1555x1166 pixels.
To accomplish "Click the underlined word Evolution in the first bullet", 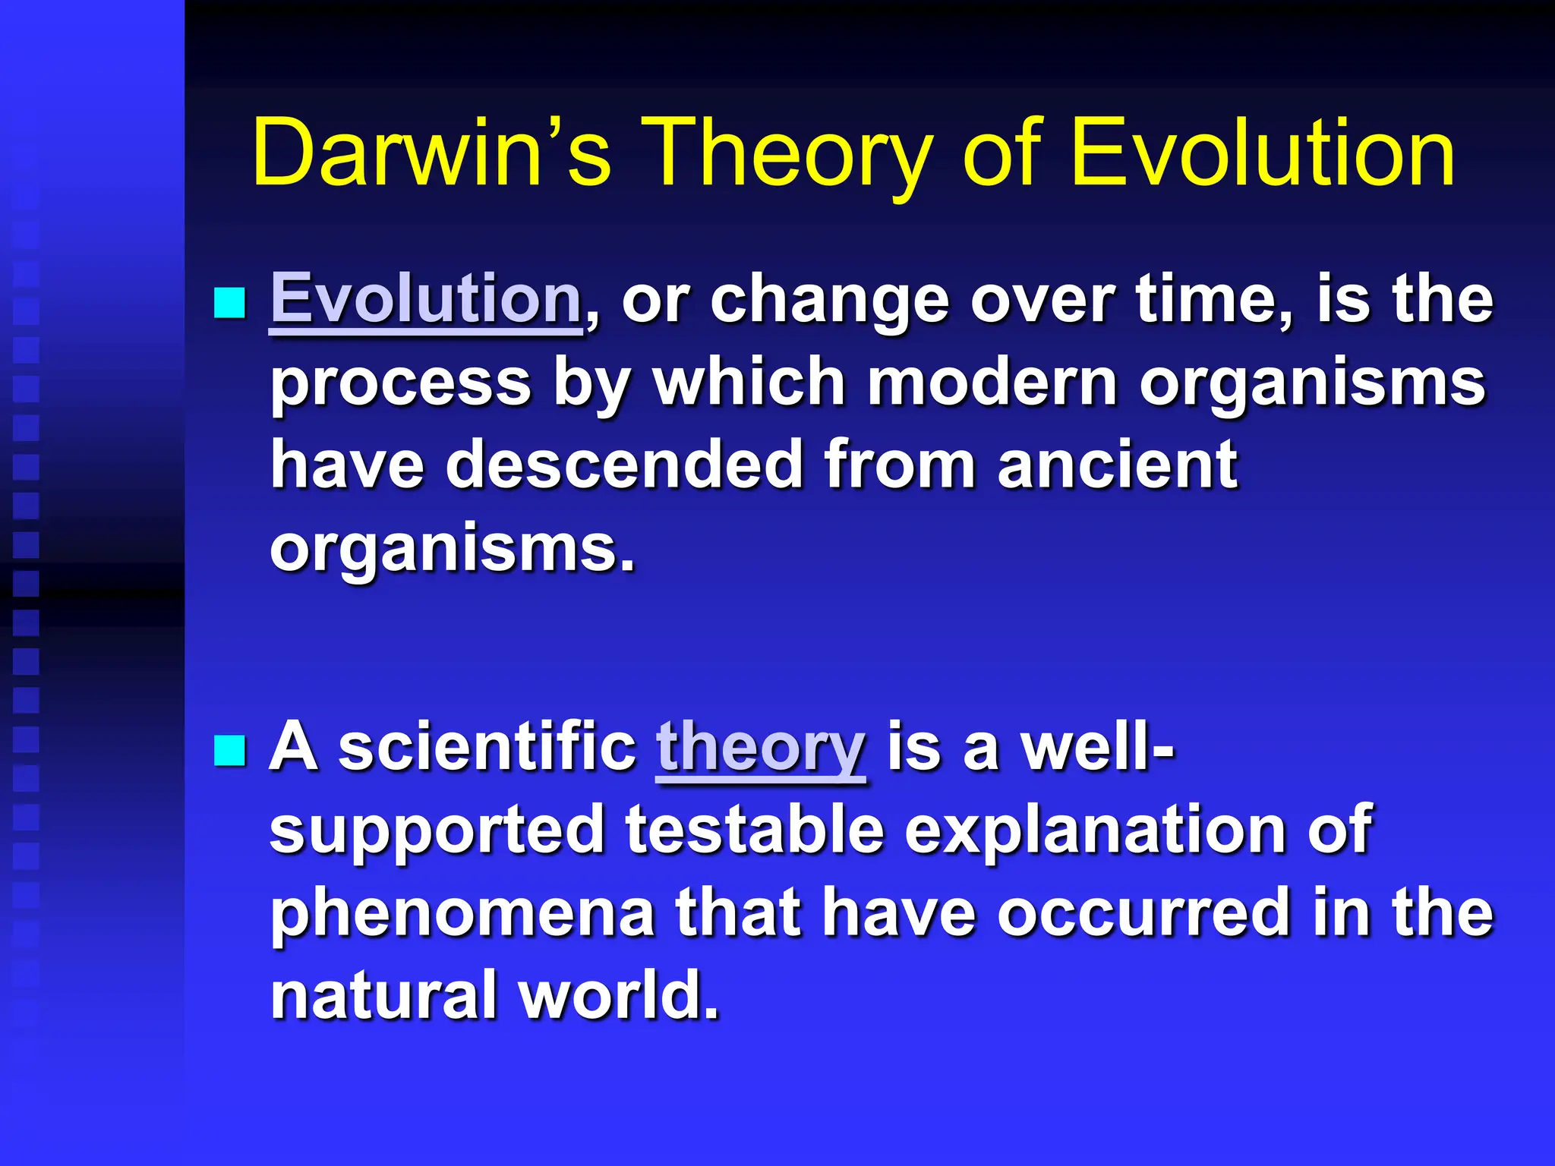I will click(x=426, y=299).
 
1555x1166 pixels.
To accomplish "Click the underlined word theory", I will click(x=760, y=747).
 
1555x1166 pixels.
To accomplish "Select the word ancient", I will click(x=1118, y=465).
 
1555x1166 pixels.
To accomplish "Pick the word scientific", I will click(x=487, y=747).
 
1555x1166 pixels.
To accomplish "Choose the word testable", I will click(x=755, y=830).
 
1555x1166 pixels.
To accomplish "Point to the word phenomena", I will click(x=462, y=913).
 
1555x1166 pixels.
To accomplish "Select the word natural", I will click(x=384, y=994).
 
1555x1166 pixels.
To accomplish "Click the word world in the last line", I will click(x=619, y=994).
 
